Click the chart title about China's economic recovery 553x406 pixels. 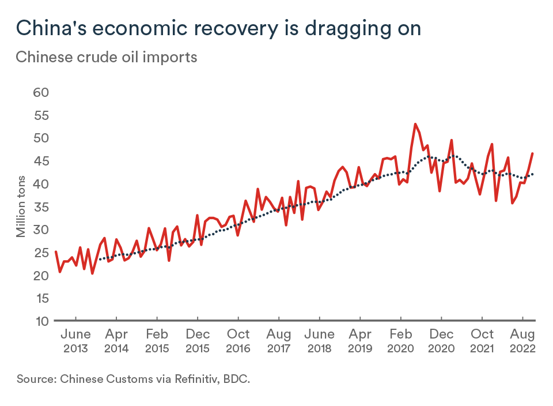tap(218, 28)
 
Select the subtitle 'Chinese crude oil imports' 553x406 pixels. tap(107, 58)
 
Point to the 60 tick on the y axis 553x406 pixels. tap(41, 92)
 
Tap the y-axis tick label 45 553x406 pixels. tap(41, 161)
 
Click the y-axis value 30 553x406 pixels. tap(41, 230)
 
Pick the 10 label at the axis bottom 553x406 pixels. tap(41, 321)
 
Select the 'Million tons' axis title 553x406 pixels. tap(21, 206)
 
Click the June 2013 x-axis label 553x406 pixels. tap(75, 341)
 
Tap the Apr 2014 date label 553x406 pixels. tap(116, 341)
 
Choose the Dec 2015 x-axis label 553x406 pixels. tap(197, 341)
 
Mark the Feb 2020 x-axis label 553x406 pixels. tap(400, 341)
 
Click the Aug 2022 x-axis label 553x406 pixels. tap(522, 341)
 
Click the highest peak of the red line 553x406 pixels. tap(415, 124)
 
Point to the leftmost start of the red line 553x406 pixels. tap(56, 251)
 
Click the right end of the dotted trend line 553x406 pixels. tap(533, 174)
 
